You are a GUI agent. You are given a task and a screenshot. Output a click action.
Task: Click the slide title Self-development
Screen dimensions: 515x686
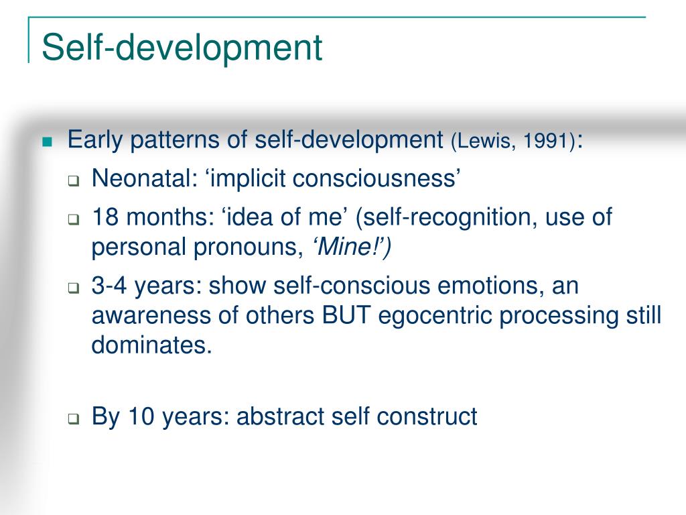point(182,48)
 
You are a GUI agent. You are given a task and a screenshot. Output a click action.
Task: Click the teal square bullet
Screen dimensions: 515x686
point(47,141)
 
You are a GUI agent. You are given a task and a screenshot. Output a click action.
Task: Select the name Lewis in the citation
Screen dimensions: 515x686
point(490,141)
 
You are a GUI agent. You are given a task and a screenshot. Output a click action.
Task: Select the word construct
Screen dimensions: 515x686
point(427,416)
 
